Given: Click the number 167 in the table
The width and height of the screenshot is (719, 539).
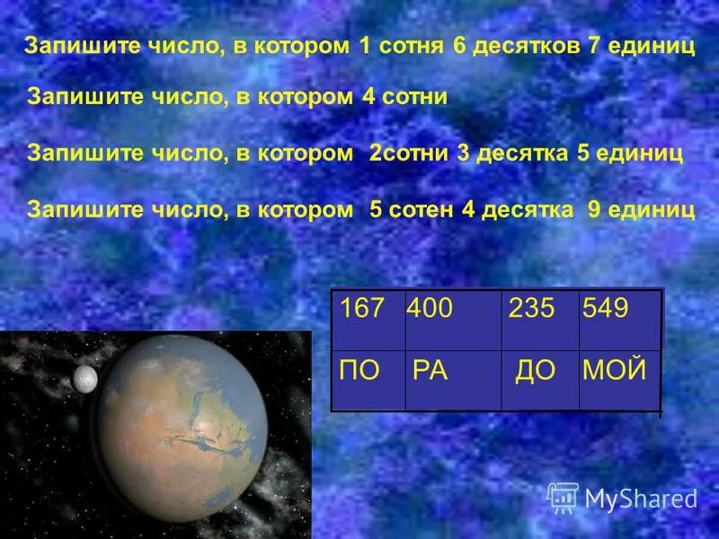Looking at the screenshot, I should point(362,310).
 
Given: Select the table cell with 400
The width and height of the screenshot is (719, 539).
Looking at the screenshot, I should point(431,310).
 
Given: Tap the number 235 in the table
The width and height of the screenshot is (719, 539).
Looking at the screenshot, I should point(532,310).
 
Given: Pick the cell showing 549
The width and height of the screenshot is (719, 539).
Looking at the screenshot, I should point(606,310).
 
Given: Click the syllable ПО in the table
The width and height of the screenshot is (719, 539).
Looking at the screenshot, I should point(361,370).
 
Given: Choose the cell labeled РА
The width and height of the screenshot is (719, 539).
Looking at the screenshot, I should point(431,370).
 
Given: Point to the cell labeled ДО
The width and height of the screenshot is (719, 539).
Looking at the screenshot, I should point(536,370).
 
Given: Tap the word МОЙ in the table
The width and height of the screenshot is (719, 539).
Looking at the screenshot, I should point(615,370).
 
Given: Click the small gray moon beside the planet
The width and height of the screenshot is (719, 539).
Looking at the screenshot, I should point(84,378).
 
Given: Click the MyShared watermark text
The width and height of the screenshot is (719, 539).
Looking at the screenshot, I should point(641,498).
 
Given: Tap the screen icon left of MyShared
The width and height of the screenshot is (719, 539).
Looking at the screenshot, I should point(563,497).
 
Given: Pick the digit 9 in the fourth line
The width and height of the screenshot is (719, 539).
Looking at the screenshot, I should point(594,209).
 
